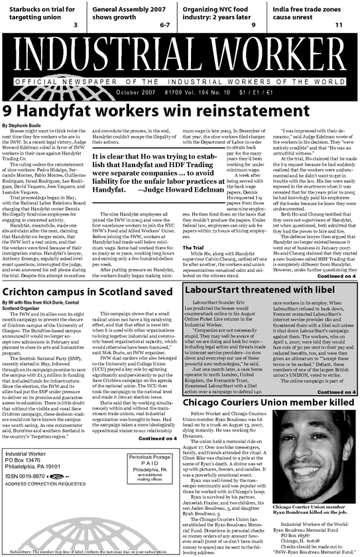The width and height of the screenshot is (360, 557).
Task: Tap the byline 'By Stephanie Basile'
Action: point(24,125)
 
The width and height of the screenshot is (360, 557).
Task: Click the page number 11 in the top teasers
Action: point(338,25)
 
